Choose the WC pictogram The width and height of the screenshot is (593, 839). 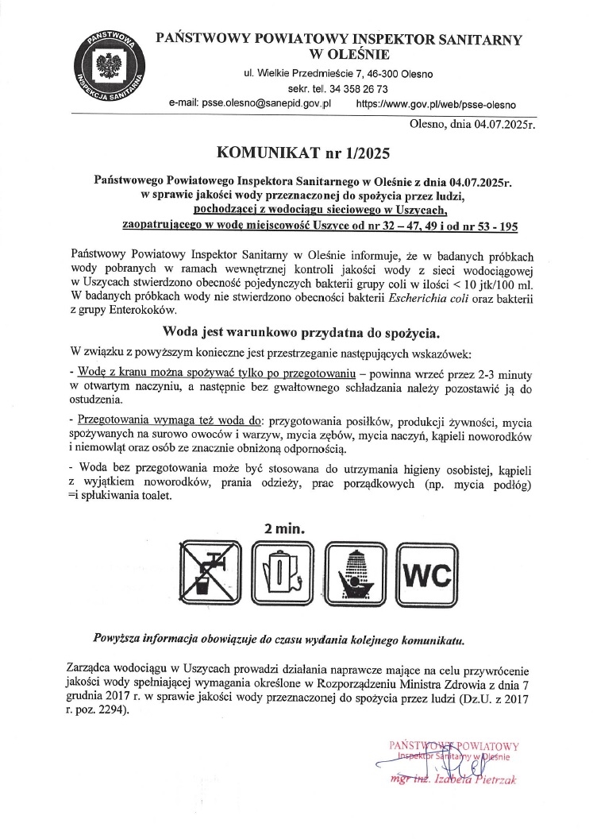click(425, 574)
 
